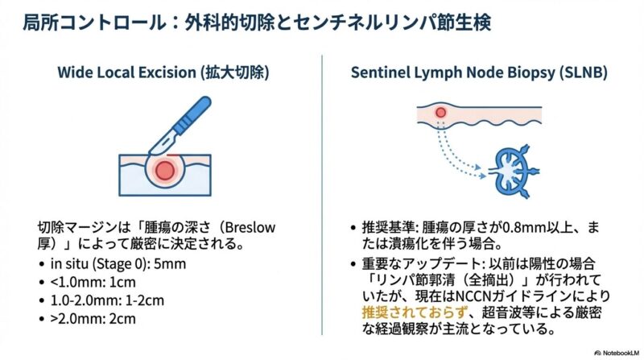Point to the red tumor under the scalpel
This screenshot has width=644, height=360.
point(164,169)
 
